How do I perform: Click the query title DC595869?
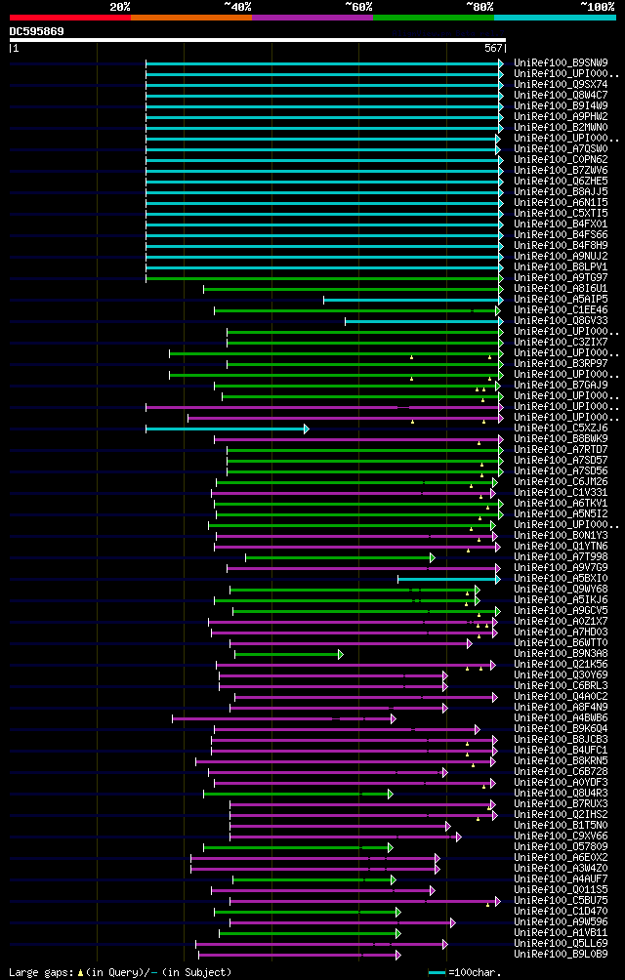pyautogui.click(x=37, y=31)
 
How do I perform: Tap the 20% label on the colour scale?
pyautogui.click(x=120, y=6)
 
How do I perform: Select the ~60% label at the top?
pyautogui.click(x=358, y=6)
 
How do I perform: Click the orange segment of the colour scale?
pyautogui.click(x=191, y=17)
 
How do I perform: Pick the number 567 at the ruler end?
pyautogui.click(x=493, y=47)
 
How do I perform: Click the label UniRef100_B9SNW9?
pyautogui.click(x=561, y=62)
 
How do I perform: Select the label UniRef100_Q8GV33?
pyautogui.click(x=561, y=320)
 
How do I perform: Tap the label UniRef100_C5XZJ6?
pyautogui.click(x=561, y=428)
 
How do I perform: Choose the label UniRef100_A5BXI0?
pyautogui.click(x=561, y=578)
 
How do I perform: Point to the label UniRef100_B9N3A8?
pyautogui.click(x=561, y=653)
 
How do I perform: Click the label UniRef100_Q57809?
pyautogui.click(x=561, y=846)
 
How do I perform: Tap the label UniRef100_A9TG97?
pyautogui.click(x=561, y=277)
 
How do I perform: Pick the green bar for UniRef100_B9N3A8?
pyautogui.click(x=287, y=654)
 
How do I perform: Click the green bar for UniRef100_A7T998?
pyautogui.click(x=338, y=557)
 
